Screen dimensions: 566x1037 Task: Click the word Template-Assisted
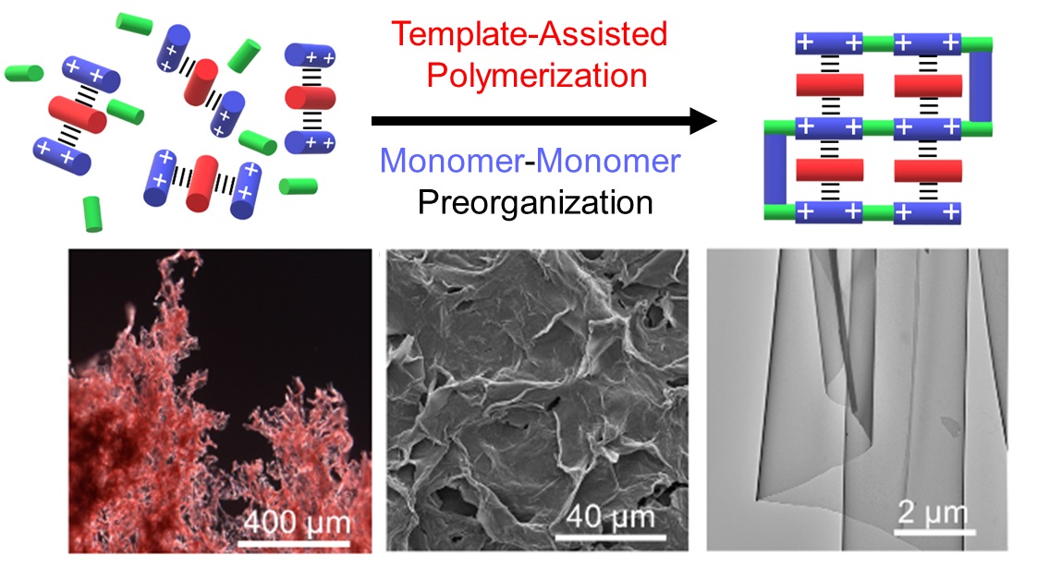pyautogui.click(x=529, y=35)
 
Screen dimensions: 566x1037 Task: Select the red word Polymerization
pyautogui.click(x=529, y=74)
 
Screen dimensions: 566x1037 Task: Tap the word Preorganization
pyautogui.click(x=535, y=201)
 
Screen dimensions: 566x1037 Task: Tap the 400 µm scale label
pyautogui.click(x=298, y=524)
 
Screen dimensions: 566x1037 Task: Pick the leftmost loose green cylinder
pyautogui.click(x=23, y=71)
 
